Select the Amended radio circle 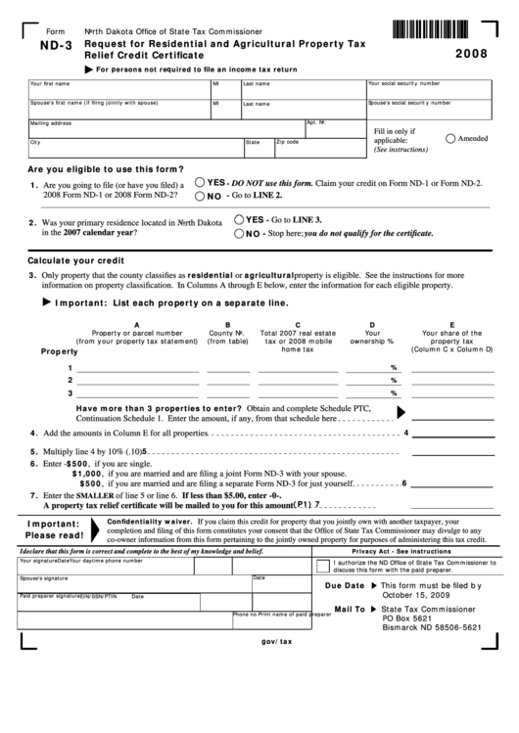coord(450,139)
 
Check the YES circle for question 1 coord(200,182)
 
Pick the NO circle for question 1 coord(200,196)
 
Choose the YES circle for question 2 coord(239,220)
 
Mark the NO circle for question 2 coord(239,234)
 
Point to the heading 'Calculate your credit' coord(75,262)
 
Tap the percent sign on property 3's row coord(394,393)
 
